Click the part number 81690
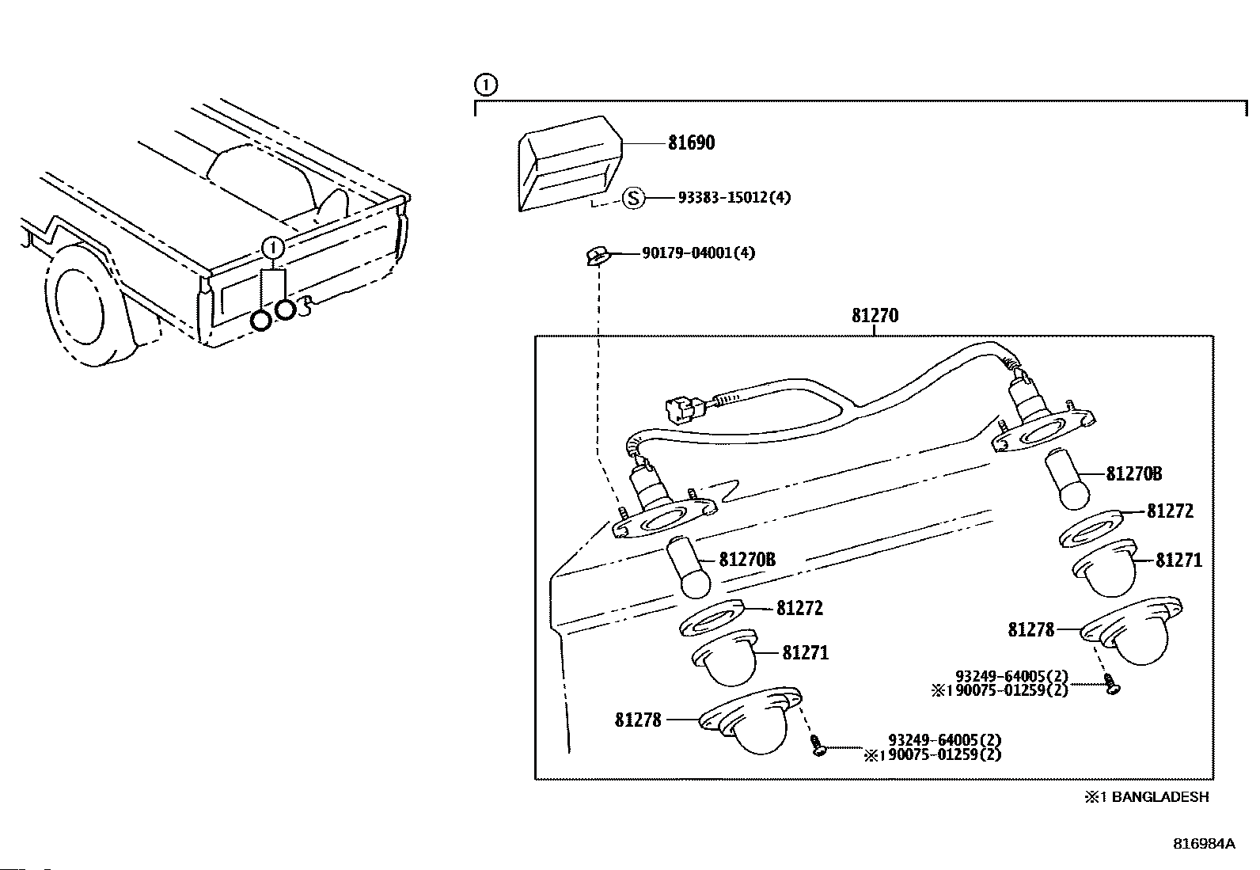[x=691, y=143]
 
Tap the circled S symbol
[x=634, y=198]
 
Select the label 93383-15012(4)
[x=734, y=198]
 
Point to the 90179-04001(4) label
[x=699, y=253]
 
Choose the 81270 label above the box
[x=875, y=315]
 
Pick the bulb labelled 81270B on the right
[x=1067, y=478]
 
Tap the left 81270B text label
[x=747, y=560]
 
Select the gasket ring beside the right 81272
[x=1091, y=528]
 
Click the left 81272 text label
[x=799, y=608]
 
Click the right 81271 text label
[x=1178, y=560]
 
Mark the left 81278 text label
[x=638, y=720]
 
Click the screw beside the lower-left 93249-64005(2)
[x=818, y=745]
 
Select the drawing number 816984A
[x=1204, y=844]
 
